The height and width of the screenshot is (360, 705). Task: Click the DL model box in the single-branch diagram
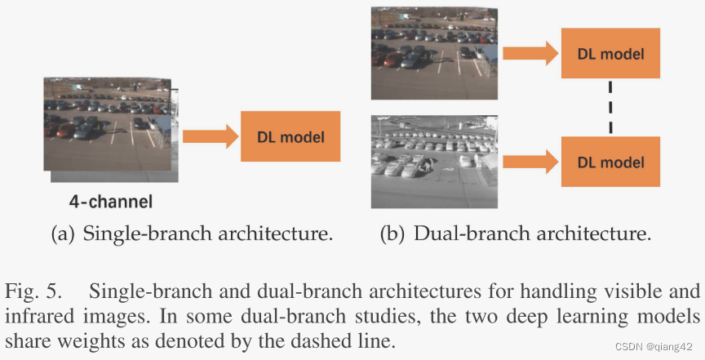tap(290, 136)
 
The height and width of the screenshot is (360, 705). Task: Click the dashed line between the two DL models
tap(610, 108)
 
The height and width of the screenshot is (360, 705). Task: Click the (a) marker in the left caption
tap(62, 235)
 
